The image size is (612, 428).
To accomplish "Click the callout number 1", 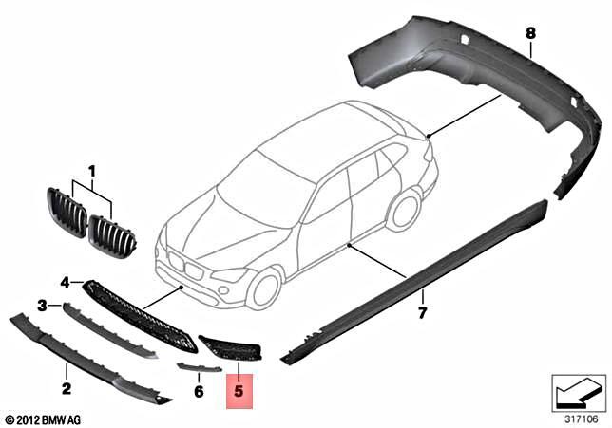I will pyautogui.click(x=93, y=172).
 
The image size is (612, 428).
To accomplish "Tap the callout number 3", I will pyautogui.click(x=42, y=305).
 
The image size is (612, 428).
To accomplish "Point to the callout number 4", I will pyautogui.click(x=65, y=283).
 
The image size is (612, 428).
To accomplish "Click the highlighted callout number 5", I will pyautogui.click(x=239, y=389).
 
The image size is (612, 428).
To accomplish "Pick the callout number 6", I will pyautogui.click(x=199, y=390).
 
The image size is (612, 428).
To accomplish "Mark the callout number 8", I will pyautogui.click(x=530, y=33).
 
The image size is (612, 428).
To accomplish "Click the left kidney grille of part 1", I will pyautogui.click(x=66, y=214).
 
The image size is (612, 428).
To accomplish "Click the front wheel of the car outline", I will pyautogui.click(x=263, y=287).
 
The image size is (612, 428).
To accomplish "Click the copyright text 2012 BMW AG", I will pyautogui.click(x=44, y=419).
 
